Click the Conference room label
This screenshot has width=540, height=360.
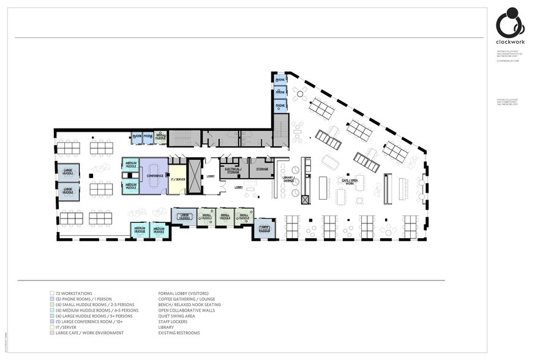[154, 176]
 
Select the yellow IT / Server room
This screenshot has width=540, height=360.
[177, 179]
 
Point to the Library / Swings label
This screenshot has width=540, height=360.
[288, 179]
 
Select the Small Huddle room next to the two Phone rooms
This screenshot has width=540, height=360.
[160, 138]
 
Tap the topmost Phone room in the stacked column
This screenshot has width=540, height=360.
[280, 80]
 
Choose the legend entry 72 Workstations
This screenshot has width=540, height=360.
[72, 293]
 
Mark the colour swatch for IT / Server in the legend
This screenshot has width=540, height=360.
[51, 327]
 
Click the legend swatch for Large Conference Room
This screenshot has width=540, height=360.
[51, 321]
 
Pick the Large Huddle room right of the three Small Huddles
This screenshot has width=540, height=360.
[264, 228]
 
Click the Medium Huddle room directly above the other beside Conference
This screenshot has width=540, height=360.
[130, 165]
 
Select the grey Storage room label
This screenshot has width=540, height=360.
[262, 169]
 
